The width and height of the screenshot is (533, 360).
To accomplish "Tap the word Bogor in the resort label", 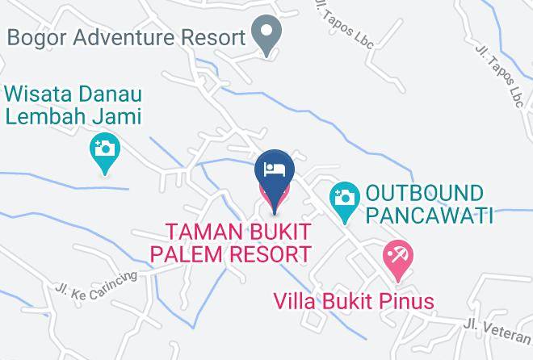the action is (36, 37).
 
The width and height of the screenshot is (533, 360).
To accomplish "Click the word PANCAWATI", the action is (429, 216).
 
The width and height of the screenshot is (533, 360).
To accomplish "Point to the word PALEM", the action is (202, 254).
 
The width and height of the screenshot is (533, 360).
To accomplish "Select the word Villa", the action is (295, 302).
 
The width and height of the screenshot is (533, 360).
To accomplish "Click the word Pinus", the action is (407, 302).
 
